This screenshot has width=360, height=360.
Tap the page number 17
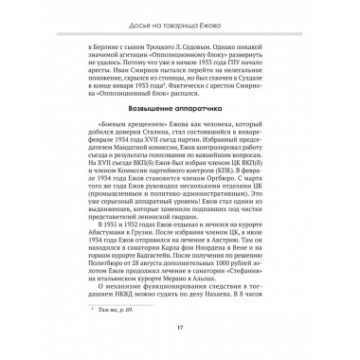pyautogui.click(x=179, y=329)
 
